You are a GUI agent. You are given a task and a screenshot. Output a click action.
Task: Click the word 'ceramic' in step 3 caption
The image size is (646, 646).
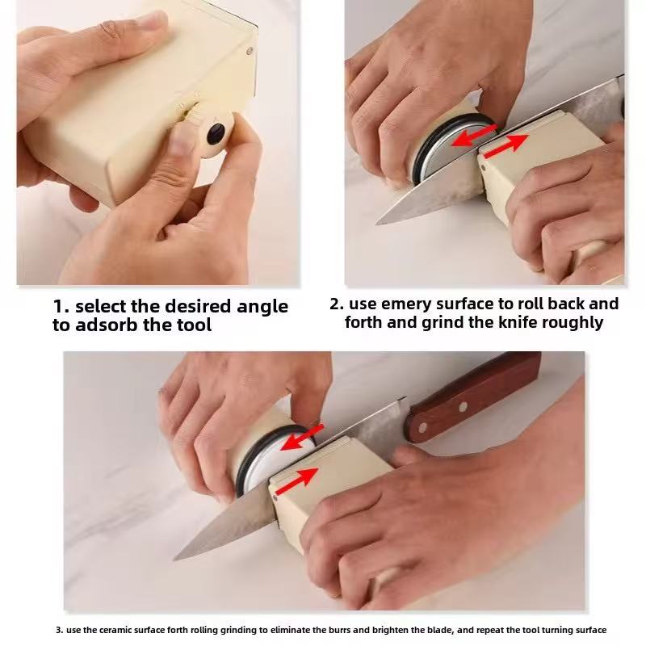click(115, 630)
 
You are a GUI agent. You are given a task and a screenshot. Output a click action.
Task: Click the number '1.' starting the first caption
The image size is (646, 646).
click(61, 307)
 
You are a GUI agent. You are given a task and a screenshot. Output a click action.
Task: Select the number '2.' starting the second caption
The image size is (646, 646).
click(337, 304)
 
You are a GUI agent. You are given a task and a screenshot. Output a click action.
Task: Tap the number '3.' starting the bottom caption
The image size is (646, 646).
click(59, 630)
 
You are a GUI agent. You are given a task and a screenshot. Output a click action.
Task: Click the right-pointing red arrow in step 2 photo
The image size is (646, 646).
click(506, 146)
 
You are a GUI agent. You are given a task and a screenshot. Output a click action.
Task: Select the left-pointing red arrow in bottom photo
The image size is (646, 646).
click(304, 437)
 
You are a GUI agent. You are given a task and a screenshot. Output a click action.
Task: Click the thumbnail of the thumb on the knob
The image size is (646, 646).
click(185, 139)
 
